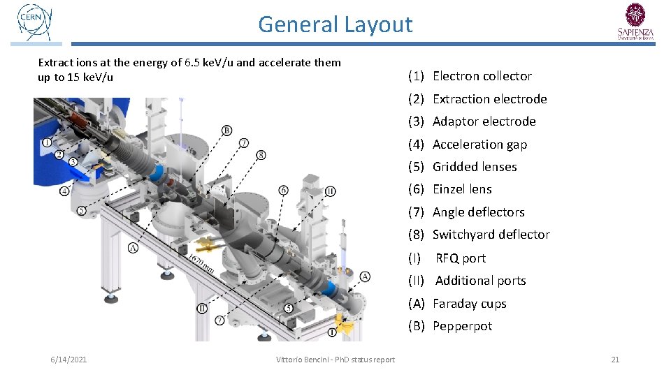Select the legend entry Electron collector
[482, 76]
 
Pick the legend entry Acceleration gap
[479, 145]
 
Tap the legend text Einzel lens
[462, 189]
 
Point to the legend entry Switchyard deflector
[491, 235]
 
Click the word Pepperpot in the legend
[462, 326]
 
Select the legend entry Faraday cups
[469, 304]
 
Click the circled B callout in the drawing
[227, 131]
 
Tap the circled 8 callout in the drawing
[261, 154]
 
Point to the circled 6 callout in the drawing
[283, 190]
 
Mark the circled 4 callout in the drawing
[64, 191]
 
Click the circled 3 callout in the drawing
[73, 162]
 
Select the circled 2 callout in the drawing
[59, 154]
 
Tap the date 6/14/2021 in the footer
[68, 360]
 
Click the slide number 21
[615, 360]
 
